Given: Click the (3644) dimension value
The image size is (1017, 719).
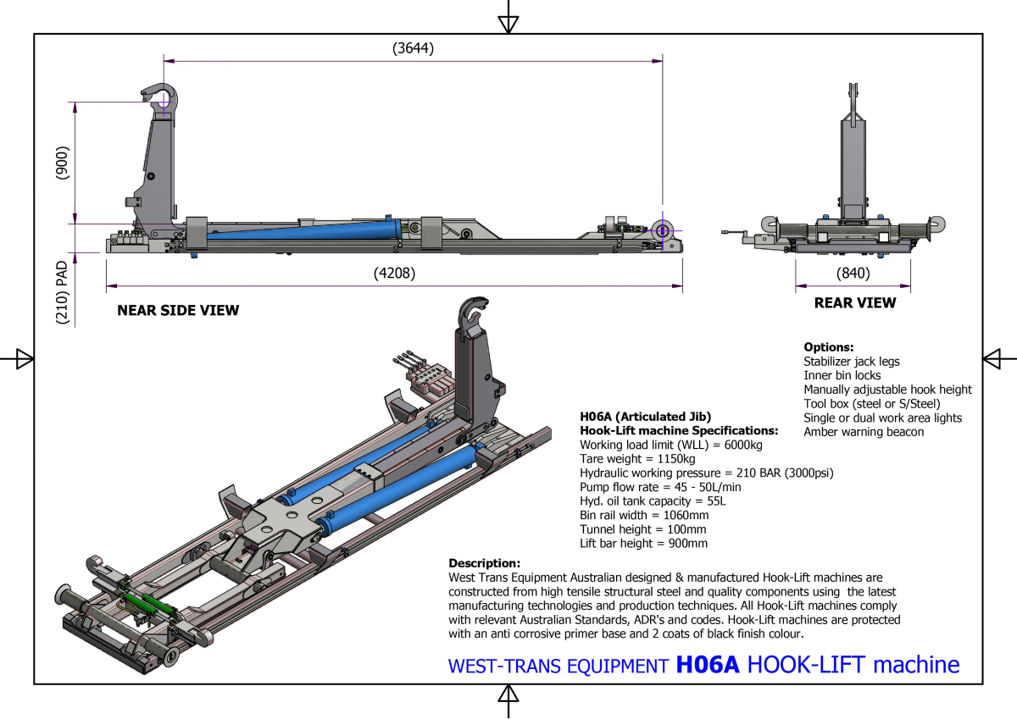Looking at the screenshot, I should (413, 48).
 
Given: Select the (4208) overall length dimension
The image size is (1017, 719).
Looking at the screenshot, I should (394, 274).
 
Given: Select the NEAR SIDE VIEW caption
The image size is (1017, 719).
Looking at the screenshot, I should (178, 310).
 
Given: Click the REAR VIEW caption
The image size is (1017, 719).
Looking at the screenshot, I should (854, 302).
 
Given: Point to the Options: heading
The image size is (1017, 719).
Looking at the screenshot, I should (828, 347).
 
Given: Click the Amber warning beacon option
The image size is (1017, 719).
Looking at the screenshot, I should (864, 432).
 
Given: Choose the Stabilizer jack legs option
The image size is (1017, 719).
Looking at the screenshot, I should (852, 362).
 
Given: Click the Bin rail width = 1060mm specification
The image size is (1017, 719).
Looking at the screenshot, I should (644, 515).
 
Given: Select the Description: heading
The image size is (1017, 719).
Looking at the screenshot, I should (484, 563).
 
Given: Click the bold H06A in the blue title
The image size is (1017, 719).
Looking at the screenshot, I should (708, 665).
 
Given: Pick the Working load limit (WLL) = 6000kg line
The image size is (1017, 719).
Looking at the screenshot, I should (671, 445).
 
